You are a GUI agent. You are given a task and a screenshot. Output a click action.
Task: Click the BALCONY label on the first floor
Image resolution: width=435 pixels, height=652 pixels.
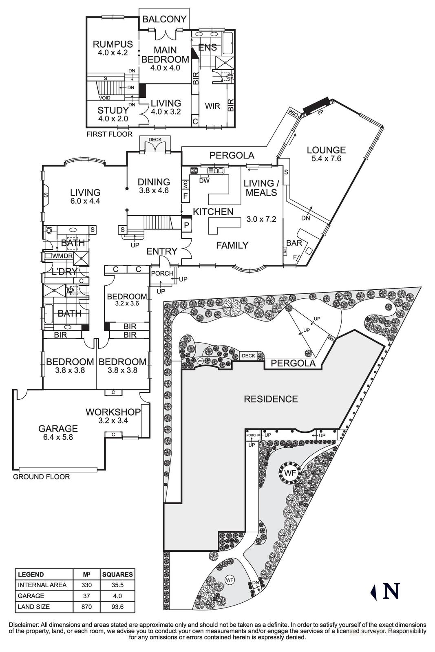164,19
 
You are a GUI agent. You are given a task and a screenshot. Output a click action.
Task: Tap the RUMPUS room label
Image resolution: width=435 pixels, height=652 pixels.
113,44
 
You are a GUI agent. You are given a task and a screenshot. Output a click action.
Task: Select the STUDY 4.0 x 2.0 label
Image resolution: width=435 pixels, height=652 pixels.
113,115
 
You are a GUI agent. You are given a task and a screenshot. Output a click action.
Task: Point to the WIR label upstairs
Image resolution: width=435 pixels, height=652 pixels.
212,106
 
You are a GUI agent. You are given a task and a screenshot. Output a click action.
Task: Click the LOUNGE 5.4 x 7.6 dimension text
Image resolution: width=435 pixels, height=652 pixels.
326,159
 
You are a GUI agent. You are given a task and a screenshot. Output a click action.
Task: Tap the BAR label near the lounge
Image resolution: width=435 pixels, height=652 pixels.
294,243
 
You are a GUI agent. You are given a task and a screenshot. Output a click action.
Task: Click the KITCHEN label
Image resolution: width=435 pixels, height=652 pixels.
213,211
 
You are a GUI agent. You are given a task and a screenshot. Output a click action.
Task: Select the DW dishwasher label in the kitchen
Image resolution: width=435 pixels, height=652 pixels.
204,181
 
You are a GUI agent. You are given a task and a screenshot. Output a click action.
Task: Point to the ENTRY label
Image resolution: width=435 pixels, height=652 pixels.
162,251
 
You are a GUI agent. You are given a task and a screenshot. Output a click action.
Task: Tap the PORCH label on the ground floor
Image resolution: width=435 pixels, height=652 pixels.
162,273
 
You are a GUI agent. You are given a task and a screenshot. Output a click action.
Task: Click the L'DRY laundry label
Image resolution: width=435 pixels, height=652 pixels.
64,271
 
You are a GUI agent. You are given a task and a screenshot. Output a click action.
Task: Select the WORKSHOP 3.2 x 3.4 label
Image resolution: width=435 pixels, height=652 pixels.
113,416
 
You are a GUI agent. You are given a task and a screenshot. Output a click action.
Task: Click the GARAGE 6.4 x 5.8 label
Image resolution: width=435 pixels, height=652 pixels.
58,432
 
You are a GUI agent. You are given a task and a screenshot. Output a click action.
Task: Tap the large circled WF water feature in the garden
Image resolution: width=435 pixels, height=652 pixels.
290,473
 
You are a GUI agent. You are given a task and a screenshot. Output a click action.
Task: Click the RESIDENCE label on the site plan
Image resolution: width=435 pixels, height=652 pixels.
271,399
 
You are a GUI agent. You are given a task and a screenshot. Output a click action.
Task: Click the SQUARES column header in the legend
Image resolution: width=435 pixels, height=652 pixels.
117,575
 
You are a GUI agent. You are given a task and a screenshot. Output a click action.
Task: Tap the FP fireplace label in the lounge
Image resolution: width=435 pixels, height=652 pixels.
320,111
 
